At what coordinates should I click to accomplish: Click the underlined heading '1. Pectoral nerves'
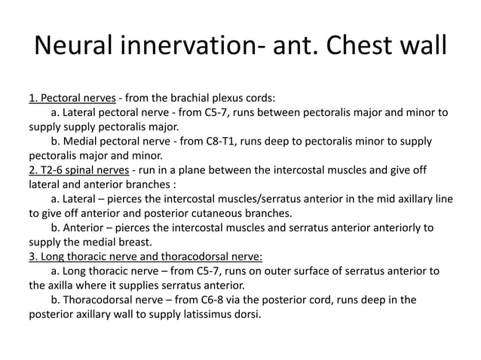pos(72,98)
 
